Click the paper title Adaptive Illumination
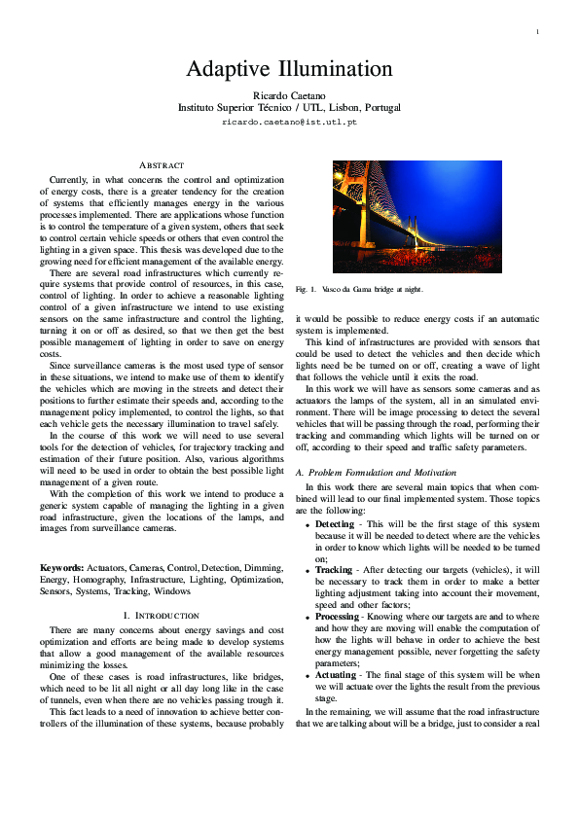pyautogui.click(x=289, y=69)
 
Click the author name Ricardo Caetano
pyautogui.click(x=289, y=94)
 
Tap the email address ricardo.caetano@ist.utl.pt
pyautogui.click(x=289, y=123)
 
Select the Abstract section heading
pyautogui.click(x=162, y=166)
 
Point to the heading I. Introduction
pyautogui.click(x=162, y=616)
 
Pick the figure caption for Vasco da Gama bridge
pyautogui.click(x=360, y=290)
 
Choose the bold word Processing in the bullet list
pyautogui.click(x=339, y=617)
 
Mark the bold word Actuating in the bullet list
pyautogui.click(x=338, y=674)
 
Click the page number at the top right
pyautogui.click(x=537, y=33)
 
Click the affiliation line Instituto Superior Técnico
pyautogui.click(x=289, y=108)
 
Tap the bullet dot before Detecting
pyautogui.click(x=308, y=525)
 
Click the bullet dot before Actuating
pyautogui.click(x=308, y=675)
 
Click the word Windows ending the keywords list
pyautogui.click(x=172, y=590)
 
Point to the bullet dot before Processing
pyautogui.click(x=308, y=618)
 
